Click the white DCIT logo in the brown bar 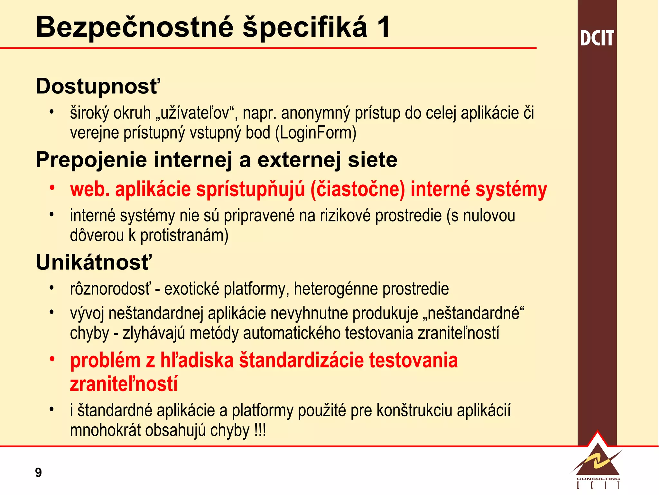click(x=597, y=38)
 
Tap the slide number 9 click(x=38, y=472)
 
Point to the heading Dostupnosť click(x=97, y=86)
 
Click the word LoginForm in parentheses click(x=316, y=133)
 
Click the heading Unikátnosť click(x=93, y=262)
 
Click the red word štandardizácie click(x=301, y=360)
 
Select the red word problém click(x=106, y=360)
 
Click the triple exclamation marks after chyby click(x=260, y=430)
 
